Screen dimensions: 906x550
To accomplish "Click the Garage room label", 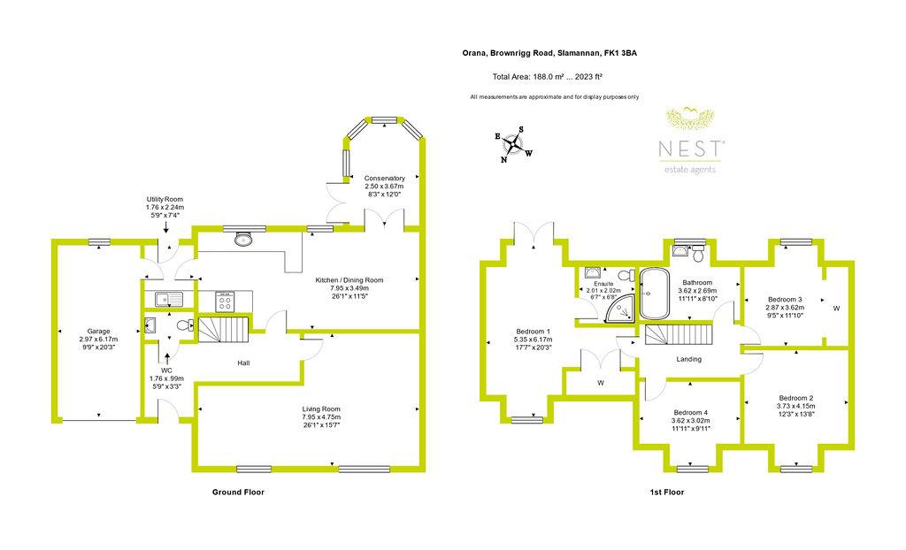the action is point(99,331).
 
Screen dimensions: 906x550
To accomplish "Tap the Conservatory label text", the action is point(384,178).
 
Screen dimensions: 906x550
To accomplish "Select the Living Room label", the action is point(321,409).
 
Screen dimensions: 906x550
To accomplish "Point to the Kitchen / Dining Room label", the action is point(349,280).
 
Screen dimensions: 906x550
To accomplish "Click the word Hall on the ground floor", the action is point(243,363).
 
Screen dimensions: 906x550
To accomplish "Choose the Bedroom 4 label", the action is point(690,412).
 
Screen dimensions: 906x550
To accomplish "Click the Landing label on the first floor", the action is point(688,359).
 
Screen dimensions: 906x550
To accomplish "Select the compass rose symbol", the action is point(512,144).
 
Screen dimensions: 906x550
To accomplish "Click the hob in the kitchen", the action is point(225,301).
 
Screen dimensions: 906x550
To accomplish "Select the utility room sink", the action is point(169,299).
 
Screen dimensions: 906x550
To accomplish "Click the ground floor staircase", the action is point(224,330).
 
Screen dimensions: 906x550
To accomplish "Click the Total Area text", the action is point(548,76).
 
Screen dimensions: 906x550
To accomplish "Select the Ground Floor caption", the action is point(238,493).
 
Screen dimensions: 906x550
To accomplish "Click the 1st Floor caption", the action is point(667,493).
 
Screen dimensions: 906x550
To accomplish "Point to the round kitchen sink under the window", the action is point(244,239).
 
